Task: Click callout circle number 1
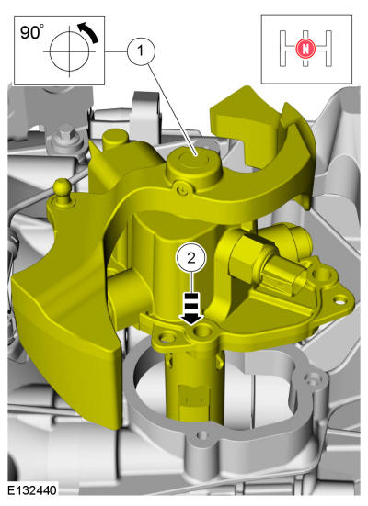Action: coord(141,51)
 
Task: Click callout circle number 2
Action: coord(190,258)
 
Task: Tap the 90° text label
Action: coord(31,32)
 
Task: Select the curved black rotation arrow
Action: coord(88,31)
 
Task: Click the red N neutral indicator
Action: coord(305,49)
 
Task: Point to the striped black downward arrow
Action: coord(191,309)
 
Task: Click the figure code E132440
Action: coord(32,490)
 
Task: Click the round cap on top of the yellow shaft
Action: coord(194,166)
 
